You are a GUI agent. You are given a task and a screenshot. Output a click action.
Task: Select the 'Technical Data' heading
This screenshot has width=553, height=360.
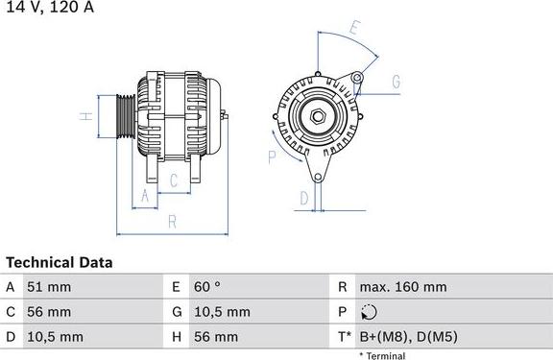tap(60, 262)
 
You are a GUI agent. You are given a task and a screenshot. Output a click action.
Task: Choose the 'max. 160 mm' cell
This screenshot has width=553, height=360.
tap(402, 287)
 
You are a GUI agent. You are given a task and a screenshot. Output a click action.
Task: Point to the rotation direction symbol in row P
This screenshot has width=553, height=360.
tap(372, 312)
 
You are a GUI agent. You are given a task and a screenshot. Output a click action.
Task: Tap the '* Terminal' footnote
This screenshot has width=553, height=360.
tap(382, 355)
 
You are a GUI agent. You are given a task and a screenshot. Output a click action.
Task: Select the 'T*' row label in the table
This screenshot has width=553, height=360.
tap(344, 337)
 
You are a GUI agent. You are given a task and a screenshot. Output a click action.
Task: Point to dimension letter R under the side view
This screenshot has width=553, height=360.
tap(172, 222)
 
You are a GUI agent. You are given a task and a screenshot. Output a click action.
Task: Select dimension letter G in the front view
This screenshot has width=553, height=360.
tap(395, 82)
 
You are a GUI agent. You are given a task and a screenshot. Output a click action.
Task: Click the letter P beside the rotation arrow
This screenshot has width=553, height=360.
tap(273, 156)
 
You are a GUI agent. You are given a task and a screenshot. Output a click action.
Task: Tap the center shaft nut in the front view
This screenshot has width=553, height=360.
tap(316, 117)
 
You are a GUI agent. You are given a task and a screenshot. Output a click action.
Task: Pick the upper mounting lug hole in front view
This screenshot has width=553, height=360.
tap(357, 77)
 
